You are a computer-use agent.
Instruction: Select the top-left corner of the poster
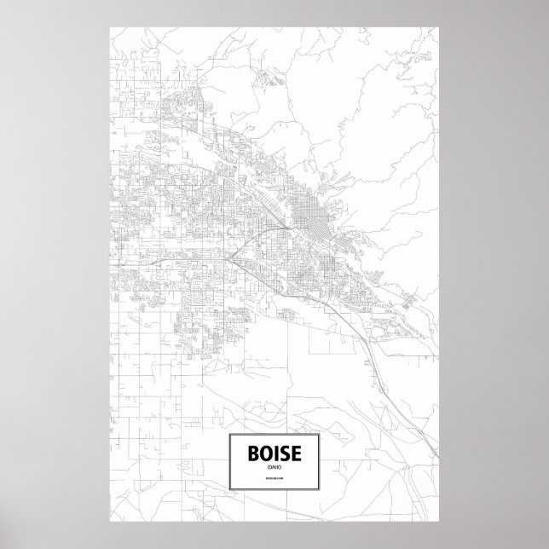110,26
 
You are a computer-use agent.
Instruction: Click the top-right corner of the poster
439,26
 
